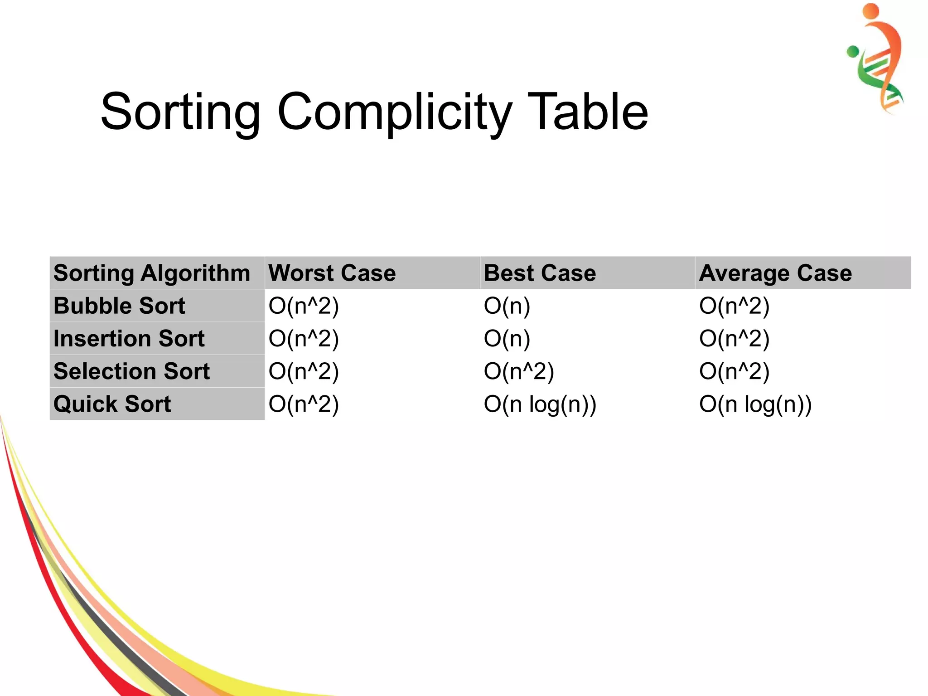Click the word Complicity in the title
(x=394, y=112)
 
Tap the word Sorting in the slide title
(x=180, y=112)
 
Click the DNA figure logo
(x=876, y=59)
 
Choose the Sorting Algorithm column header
(x=152, y=273)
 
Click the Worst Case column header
(x=332, y=273)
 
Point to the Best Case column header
(x=540, y=273)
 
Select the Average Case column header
(x=775, y=273)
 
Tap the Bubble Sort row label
(x=119, y=306)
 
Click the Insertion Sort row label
(x=129, y=339)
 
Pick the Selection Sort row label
(x=132, y=371)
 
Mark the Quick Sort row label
(x=112, y=404)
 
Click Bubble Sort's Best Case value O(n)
(x=507, y=306)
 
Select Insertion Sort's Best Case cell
(x=507, y=339)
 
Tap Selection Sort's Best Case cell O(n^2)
(x=519, y=371)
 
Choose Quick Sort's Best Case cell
(x=540, y=404)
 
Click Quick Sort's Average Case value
(x=755, y=404)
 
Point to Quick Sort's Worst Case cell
(x=304, y=404)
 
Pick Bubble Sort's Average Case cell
(x=734, y=306)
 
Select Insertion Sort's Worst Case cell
(x=304, y=339)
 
